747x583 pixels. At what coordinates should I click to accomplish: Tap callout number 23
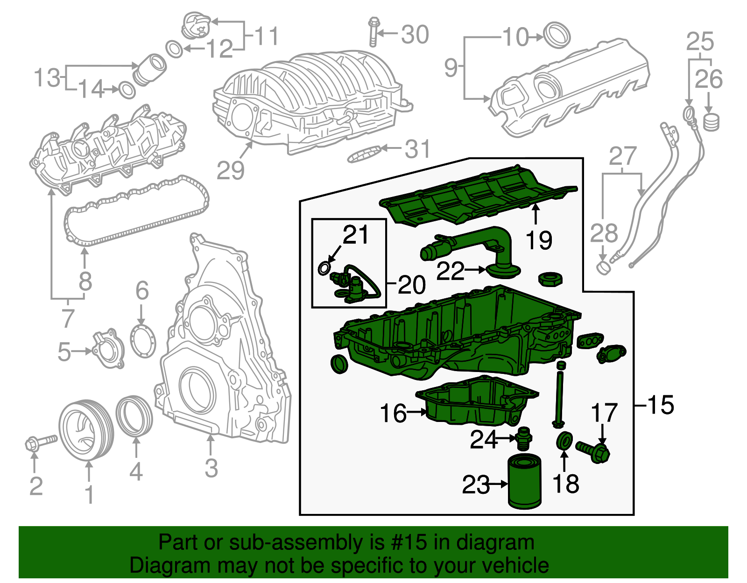(x=476, y=485)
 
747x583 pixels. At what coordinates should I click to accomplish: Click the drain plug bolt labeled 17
(x=594, y=451)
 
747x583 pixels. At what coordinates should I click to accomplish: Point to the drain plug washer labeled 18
(x=564, y=441)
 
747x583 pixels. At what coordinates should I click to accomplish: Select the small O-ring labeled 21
(x=324, y=268)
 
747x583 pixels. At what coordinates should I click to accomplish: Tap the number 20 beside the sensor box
(x=411, y=284)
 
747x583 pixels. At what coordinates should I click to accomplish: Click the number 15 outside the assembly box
(x=661, y=404)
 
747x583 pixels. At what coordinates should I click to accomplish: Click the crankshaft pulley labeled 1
(x=86, y=430)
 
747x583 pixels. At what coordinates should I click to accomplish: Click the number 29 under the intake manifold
(x=230, y=170)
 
